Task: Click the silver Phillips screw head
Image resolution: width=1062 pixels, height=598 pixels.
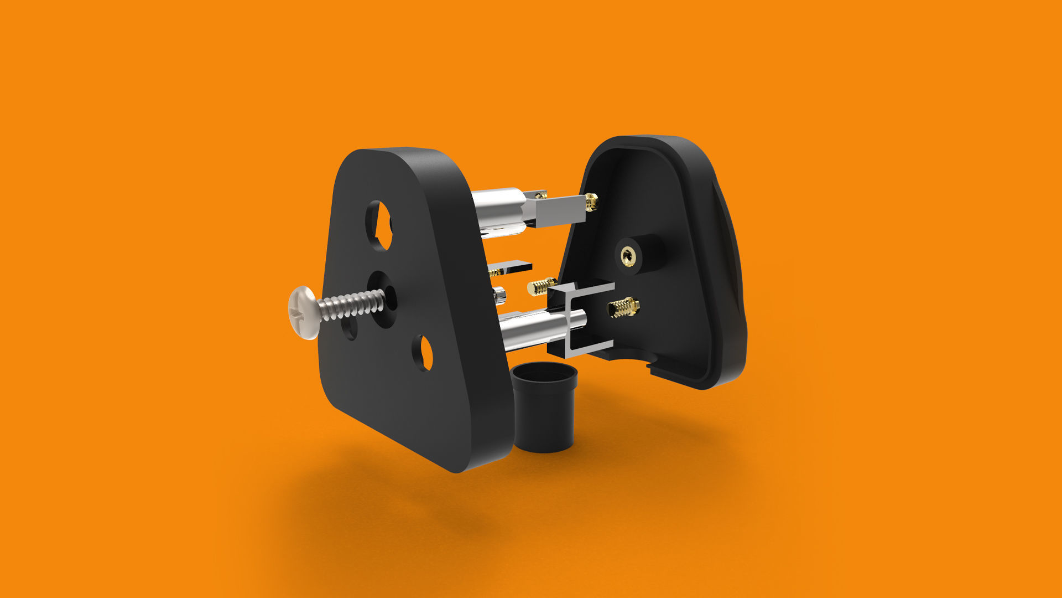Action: click(304, 312)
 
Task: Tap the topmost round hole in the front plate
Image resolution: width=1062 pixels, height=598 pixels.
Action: click(379, 225)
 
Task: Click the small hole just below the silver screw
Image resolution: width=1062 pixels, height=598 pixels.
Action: click(350, 329)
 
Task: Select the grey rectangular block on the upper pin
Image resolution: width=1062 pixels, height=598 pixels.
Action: click(559, 211)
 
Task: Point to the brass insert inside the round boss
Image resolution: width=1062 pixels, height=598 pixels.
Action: click(628, 256)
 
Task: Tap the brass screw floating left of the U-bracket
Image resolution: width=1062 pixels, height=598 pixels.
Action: click(541, 286)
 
